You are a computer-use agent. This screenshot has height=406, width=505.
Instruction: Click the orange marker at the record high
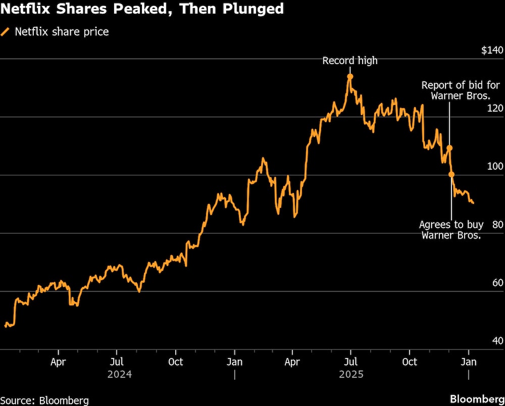tap(350, 76)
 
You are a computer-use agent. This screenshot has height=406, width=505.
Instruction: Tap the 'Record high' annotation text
tap(350, 61)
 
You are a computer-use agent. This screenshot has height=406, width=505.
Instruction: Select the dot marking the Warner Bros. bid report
tap(449, 148)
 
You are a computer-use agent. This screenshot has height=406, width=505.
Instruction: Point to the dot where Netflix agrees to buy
tap(451, 174)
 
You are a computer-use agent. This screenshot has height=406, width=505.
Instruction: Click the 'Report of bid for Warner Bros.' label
tap(460, 90)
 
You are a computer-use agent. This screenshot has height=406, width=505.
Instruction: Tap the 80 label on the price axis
tap(497, 225)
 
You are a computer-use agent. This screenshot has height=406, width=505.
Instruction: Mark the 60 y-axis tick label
tap(497, 283)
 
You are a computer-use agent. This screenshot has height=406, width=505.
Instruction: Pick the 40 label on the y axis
tap(497, 341)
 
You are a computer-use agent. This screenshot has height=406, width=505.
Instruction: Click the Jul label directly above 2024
tap(117, 362)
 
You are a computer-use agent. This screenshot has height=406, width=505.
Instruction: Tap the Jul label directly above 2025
tap(350, 362)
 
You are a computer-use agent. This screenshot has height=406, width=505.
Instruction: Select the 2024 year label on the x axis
tap(120, 375)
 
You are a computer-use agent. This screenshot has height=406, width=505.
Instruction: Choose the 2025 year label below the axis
tap(351, 375)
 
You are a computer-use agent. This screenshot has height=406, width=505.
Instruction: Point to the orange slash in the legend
tap(6, 32)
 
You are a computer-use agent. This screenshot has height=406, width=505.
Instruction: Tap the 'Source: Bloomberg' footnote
tap(44, 400)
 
